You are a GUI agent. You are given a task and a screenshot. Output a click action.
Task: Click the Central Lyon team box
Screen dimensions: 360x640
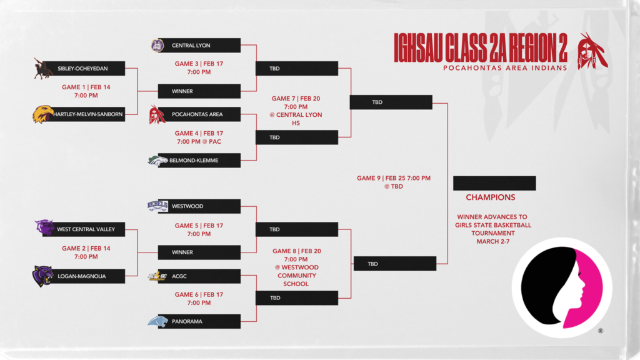tap(199, 46)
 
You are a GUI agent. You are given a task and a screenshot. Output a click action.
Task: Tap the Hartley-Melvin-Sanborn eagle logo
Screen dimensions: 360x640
tap(43, 114)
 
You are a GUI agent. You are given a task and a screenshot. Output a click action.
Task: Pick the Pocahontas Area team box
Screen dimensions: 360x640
tap(199, 114)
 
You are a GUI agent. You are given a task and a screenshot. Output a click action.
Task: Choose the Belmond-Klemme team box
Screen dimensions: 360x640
tap(199, 161)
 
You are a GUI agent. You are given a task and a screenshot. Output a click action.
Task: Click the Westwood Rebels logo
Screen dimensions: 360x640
tap(157, 206)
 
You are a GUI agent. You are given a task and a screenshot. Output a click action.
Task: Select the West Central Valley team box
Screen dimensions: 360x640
tap(89, 229)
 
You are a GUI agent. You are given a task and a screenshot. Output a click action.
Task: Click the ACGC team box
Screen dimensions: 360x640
tap(199, 276)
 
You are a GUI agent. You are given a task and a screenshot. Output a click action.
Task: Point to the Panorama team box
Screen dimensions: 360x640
tap(199, 321)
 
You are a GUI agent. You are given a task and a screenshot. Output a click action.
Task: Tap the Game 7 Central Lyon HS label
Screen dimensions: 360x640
tap(296, 111)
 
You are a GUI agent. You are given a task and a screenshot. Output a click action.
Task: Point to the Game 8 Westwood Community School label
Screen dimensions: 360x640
tap(297, 267)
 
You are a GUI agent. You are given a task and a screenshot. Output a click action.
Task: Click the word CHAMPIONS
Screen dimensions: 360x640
tap(491, 197)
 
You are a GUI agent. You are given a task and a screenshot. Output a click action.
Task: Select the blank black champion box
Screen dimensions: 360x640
tap(494, 183)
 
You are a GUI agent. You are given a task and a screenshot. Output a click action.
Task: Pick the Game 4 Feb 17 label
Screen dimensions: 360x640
tap(199, 137)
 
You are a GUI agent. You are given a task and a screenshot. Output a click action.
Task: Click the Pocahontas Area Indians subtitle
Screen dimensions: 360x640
tap(505, 67)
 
